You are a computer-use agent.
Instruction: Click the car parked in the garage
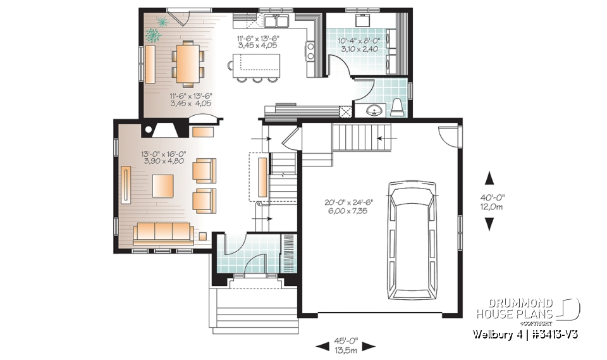(x=412, y=240)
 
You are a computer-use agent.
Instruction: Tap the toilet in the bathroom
(x=397, y=108)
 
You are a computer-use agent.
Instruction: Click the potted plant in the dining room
(x=156, y=30)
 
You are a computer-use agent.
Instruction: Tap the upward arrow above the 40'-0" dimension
(x=489, y=178)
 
